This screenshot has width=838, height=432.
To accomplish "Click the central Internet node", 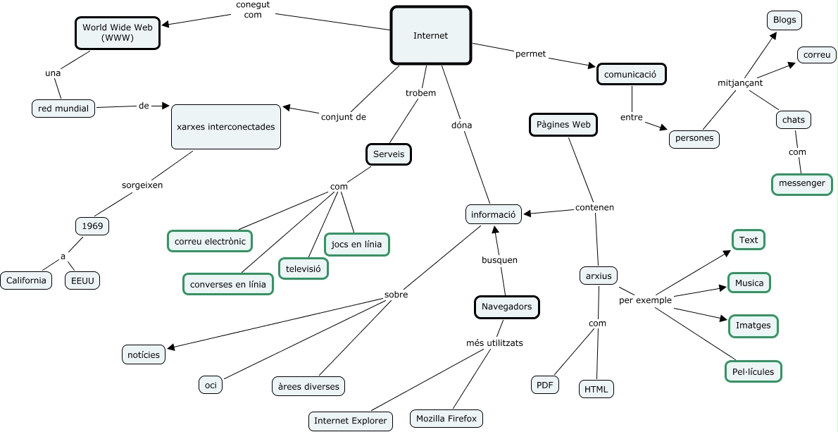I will [x=430, y=35].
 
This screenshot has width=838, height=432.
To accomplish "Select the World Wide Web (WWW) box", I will [x=118, y=32].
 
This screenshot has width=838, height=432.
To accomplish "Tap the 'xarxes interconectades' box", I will [x=226, y=127].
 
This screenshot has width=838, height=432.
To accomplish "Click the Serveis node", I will [x=389, y=154].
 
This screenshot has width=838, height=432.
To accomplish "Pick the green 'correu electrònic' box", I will [x=210, y=241].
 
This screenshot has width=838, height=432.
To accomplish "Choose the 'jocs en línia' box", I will [x=356, y=245].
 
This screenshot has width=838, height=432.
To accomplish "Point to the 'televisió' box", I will [x=304, y=269].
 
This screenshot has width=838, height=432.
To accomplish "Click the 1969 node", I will [x=92, y=226].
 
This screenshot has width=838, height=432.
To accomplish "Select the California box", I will [x=26, y=280].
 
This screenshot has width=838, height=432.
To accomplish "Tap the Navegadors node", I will [x=506, y=307].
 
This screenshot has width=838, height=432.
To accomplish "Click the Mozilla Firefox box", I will [x=446, y=419].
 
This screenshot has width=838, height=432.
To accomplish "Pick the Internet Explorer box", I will [x=351, y=421].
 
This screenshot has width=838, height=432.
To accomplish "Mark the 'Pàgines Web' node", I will [x=563, y=125].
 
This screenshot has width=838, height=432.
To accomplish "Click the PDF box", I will [x=544, y=385].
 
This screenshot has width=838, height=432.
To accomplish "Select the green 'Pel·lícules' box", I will [x=753, y=371].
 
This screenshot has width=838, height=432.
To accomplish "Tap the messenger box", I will [x=801, y=183].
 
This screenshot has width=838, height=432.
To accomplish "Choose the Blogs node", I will [x=784, y=20].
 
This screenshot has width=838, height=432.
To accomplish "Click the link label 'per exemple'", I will [x=645, y=300].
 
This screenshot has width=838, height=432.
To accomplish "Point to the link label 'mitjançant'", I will [x=739, y=83].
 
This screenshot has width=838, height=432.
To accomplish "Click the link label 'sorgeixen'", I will [x=142, y=185].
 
